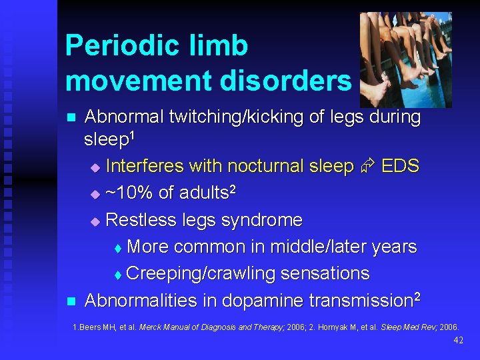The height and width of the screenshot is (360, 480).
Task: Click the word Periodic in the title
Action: click(x=121, y=46)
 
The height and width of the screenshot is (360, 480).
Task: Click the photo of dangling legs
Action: click(x=405, y=60)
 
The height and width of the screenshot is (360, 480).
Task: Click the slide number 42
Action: click(x=457, y=340)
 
